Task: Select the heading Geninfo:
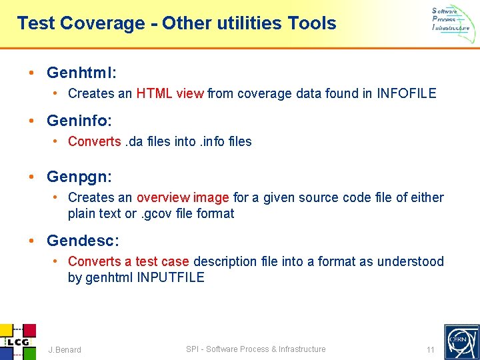[x=79, y=121]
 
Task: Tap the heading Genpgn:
[x=79, y=177]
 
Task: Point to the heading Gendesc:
[x=83, y=240]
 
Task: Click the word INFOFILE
[x=406, y=93]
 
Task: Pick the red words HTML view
[x=170, y=93]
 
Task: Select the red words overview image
[x=183, y=197]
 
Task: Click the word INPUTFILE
[x=171, y=277]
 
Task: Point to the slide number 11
[x=430, y=349]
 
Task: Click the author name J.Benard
[x=65, y=349]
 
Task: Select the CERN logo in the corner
[x=461, y=341]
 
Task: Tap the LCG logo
[x=16, y=341]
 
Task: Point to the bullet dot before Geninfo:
[x=32, y=121]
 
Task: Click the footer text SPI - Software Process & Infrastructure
[x=256, y=349]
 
